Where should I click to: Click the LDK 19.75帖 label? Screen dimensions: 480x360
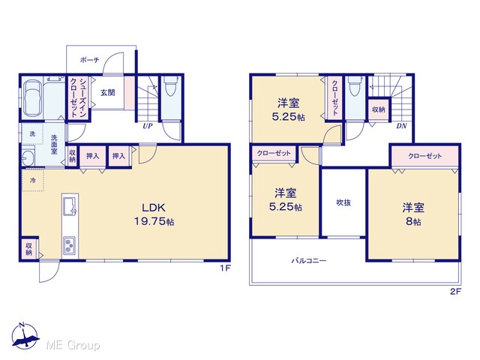tap(154, 214)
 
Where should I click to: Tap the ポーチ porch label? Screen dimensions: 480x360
tap(90, 60)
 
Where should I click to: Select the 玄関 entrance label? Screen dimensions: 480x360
tap(108, 92)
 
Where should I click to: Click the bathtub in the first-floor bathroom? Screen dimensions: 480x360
tap(31, 98)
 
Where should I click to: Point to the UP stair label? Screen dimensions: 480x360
tap(148, 126)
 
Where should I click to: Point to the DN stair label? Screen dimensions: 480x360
tap(401, 126)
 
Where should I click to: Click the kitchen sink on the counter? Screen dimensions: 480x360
tap(70, 205)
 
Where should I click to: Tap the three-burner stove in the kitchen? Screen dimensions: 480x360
tap(70, 245)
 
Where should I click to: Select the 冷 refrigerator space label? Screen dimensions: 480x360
tap(32, 180)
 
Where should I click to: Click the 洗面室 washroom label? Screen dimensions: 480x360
tap(54, 144)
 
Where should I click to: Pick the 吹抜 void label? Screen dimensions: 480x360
tap(343, 202)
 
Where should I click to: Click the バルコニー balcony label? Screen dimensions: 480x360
tap(308, 261)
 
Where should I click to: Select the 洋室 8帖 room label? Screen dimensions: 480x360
tap(413, 214)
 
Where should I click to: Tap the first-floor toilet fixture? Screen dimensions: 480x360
tap(171, 85)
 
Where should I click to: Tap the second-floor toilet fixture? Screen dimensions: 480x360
tap(355, 85)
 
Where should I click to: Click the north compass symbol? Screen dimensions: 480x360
tap(25, 335)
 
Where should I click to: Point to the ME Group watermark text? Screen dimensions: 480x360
tap(73, 346)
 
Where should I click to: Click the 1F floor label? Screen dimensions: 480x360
tap(225, 268)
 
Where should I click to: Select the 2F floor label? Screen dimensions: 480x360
tap(455, 292)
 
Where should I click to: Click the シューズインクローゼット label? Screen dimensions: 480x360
tap(78, 97)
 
